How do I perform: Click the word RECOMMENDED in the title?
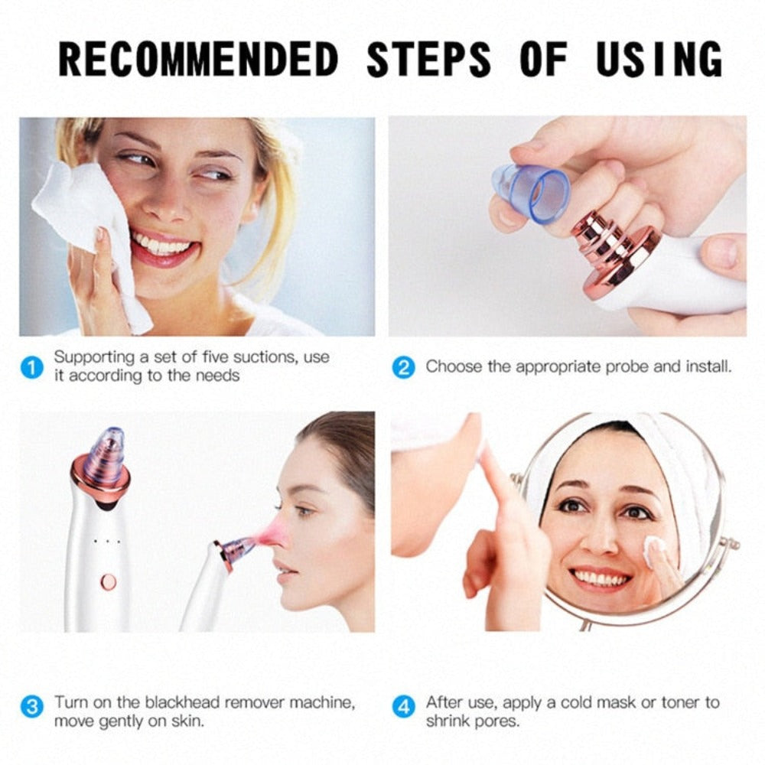[198, 59]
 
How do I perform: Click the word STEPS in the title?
[428, 59]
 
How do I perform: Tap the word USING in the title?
[659, 59]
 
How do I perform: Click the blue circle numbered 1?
[31, 367]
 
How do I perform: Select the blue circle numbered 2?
[403, 367]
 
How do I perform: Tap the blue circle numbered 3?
[31, 706]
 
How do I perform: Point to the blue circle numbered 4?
[403, 706]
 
